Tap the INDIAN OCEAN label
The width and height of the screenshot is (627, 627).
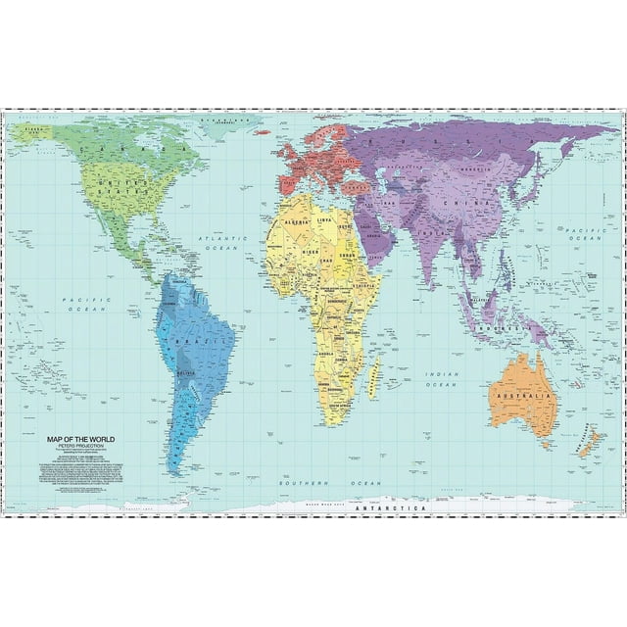click(446, 378)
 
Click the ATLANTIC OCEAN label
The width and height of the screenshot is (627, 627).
click(220, 244)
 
